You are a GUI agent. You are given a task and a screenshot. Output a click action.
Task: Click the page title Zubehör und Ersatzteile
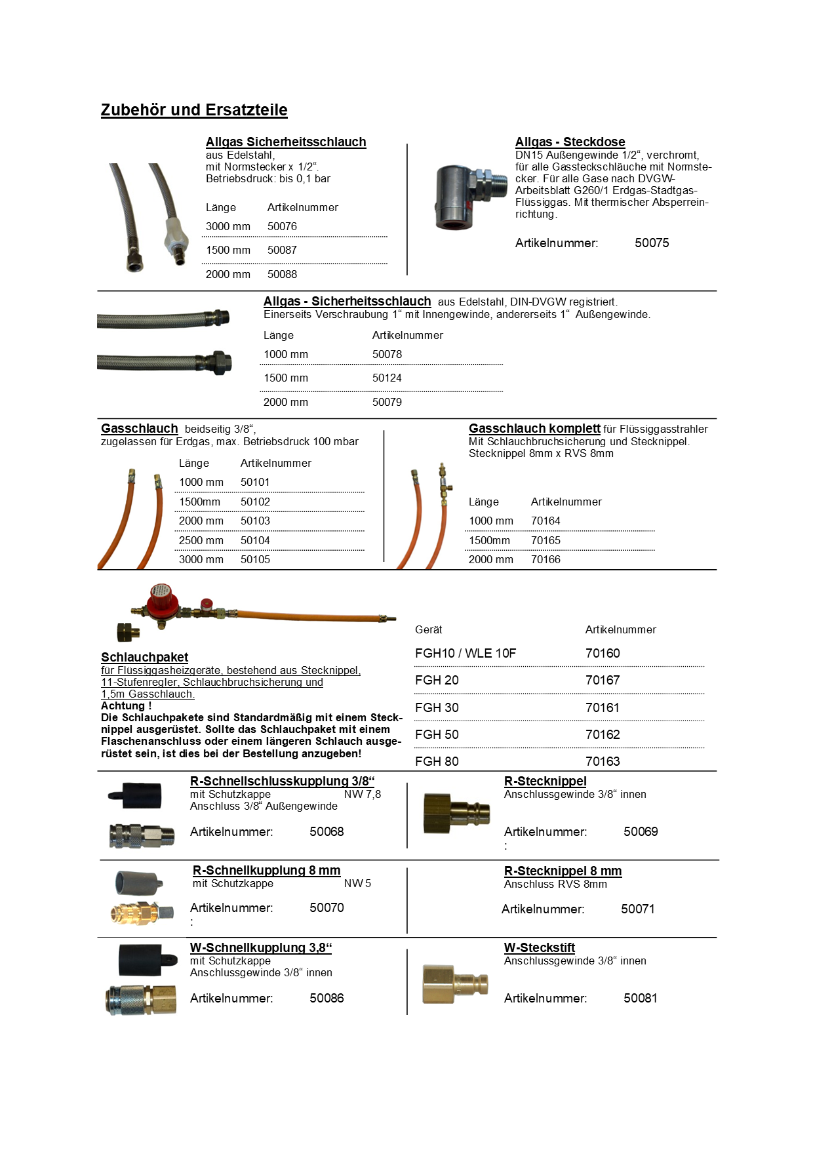pos(194,110)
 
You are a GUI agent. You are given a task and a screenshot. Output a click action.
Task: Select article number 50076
pos(282,226)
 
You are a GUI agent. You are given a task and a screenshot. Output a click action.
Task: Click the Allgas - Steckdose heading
pos(570,142)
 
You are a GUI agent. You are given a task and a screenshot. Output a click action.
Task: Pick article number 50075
pos(652,243)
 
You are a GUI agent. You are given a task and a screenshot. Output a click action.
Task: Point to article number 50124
pos(387,378)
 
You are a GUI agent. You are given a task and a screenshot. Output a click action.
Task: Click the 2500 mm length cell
pos(201,540)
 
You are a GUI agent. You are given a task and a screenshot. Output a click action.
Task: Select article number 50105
pos(255,560)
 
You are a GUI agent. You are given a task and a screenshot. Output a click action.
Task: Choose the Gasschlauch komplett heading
pos(534,429)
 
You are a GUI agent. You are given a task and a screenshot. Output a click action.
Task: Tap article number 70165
pos(545,540)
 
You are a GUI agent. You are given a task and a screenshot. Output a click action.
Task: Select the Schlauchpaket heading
pos(144,658)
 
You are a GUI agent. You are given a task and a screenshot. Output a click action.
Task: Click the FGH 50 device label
pos(437,734)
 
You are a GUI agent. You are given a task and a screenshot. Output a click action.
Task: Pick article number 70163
pos(603,761)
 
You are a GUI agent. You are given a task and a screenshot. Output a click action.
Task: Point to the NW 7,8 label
pos(362,795)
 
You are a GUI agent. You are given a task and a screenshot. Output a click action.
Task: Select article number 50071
pos(637,909)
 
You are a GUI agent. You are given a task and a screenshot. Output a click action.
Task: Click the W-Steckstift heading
pos(539,948)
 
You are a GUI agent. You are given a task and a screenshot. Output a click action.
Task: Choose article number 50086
pos(327,999)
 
